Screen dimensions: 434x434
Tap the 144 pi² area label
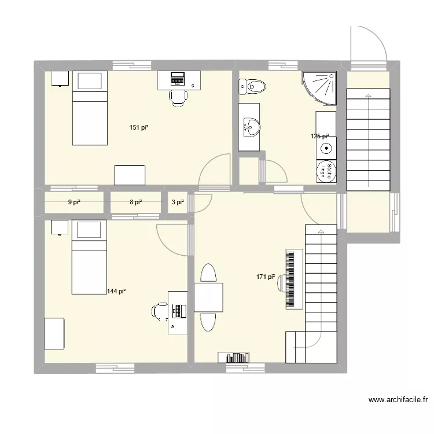(x=116, y=292)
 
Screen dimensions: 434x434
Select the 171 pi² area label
(x=266, y=277)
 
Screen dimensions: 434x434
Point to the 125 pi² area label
(x=319, y=137)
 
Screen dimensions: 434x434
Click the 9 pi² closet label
(x=74, y=202)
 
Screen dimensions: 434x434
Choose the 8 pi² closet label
(x=135, y=202)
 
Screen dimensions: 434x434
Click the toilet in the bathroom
(x=252, y=87)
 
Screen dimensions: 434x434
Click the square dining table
(x=208, y=297)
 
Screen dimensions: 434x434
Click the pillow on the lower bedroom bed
(x=89, y=230)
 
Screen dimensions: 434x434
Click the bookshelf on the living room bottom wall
(x=234, y=357)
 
